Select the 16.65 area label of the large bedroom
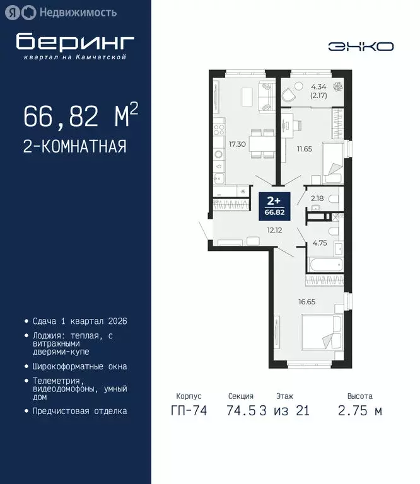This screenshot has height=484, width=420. pos(306,301)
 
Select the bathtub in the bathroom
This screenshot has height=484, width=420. pos(325,263)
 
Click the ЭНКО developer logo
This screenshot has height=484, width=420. pos(361,46)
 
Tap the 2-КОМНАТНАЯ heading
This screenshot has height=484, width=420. pos(74,146)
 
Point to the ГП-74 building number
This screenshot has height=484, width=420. pos(189,411)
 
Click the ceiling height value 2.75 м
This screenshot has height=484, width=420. pos(360,411)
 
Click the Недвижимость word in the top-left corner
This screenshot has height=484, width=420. pos(78,11)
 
